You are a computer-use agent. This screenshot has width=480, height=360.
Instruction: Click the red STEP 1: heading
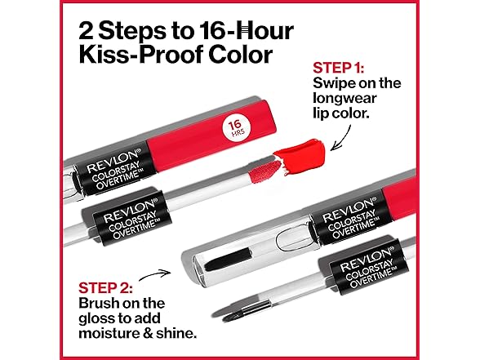pos(338,68)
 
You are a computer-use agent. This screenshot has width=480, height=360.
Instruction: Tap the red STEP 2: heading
pos(105,287)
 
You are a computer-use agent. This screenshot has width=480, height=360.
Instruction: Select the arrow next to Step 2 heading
pos(154,274)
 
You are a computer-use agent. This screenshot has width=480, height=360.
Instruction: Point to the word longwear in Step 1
pos(344,98)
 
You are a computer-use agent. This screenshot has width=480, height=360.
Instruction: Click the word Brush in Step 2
pos(100,303)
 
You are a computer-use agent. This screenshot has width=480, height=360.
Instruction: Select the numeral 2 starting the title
pos(86,32)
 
